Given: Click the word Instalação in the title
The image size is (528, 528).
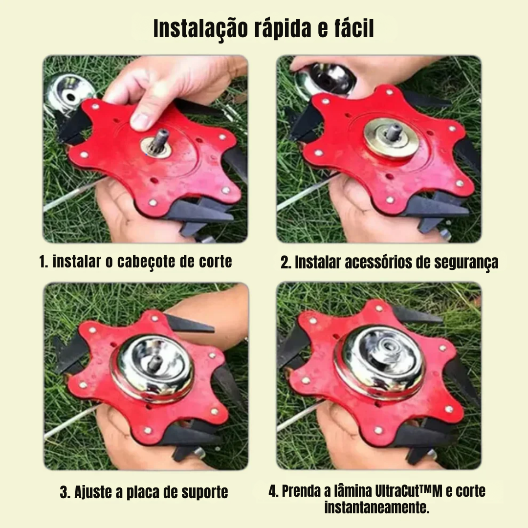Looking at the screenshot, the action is click(x=201, y=29).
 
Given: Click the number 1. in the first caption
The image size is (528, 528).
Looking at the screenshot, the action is click(x=44, y=262).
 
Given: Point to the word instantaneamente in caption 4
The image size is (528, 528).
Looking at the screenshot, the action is click(x=377, y=507).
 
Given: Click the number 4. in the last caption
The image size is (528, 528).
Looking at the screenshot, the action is click(x=273, y=491).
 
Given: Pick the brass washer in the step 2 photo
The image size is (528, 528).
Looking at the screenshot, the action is click(x=392, y=138).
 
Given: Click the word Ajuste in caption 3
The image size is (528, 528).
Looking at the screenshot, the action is click(x=92, y=493).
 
